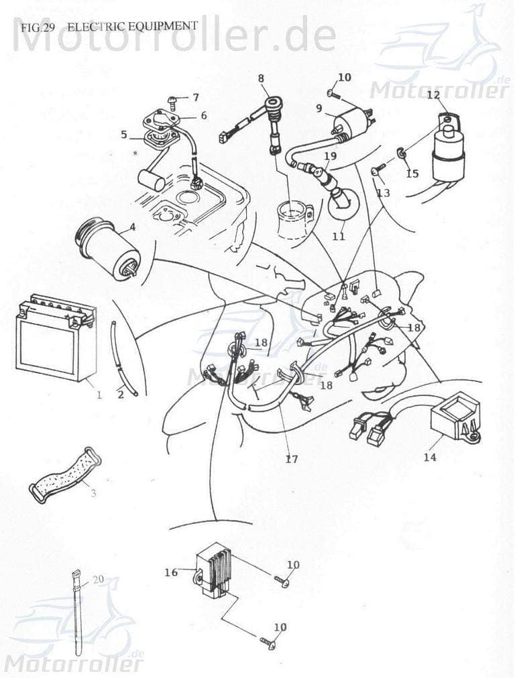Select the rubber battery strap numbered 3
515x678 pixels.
coord(64,475)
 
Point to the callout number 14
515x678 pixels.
coord(430,458)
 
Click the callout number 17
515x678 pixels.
coord(291,460)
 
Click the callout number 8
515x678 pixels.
coord(261,78)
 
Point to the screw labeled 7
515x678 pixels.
coord(174,101)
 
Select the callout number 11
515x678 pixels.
coord(339,236)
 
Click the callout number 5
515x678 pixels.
coord(124,135)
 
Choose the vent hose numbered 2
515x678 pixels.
coord(121,358)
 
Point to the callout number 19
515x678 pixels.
coord(329,156)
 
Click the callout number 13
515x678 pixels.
coord(383,192)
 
